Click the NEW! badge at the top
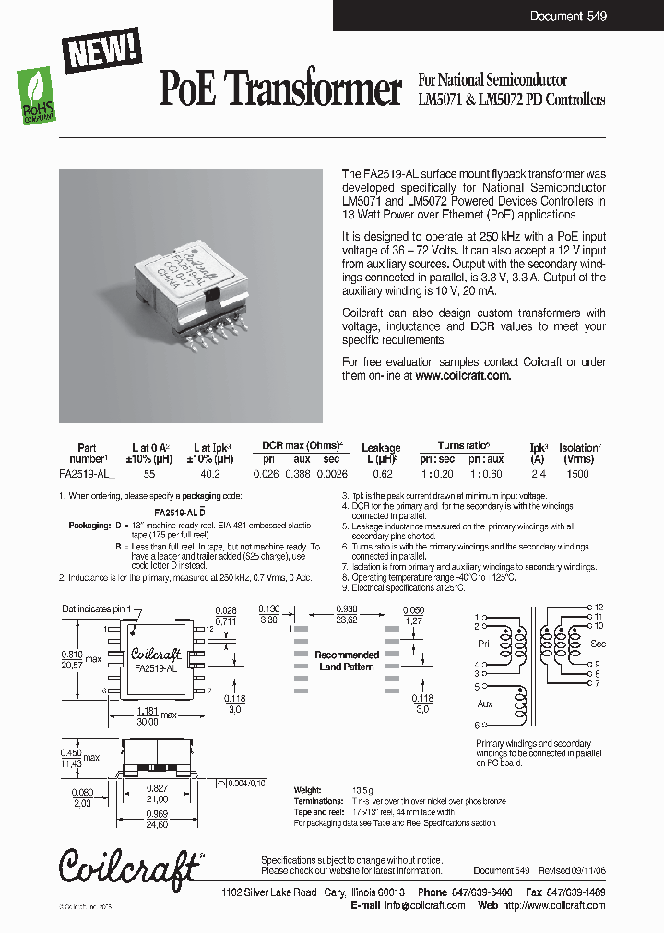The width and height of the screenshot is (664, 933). pos(102,48)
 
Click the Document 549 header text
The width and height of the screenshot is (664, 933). pos(568,17)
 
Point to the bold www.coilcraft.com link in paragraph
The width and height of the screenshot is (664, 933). pos(462,376)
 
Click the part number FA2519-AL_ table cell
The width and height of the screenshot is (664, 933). pos(86,474)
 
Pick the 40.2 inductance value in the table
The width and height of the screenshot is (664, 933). pos(210,474)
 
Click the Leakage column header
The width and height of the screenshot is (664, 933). pos(381,448)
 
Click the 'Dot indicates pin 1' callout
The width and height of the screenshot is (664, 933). pos(103,609)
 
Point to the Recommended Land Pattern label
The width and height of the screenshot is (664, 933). pos(347,661)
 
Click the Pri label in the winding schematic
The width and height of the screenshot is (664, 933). pos(485,643)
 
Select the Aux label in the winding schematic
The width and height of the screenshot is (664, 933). pos(485,703)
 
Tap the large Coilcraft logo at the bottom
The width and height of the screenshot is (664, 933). pos(129,865)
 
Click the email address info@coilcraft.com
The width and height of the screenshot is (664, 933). pos(425,905)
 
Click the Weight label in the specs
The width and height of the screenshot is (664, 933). pos(308,790)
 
